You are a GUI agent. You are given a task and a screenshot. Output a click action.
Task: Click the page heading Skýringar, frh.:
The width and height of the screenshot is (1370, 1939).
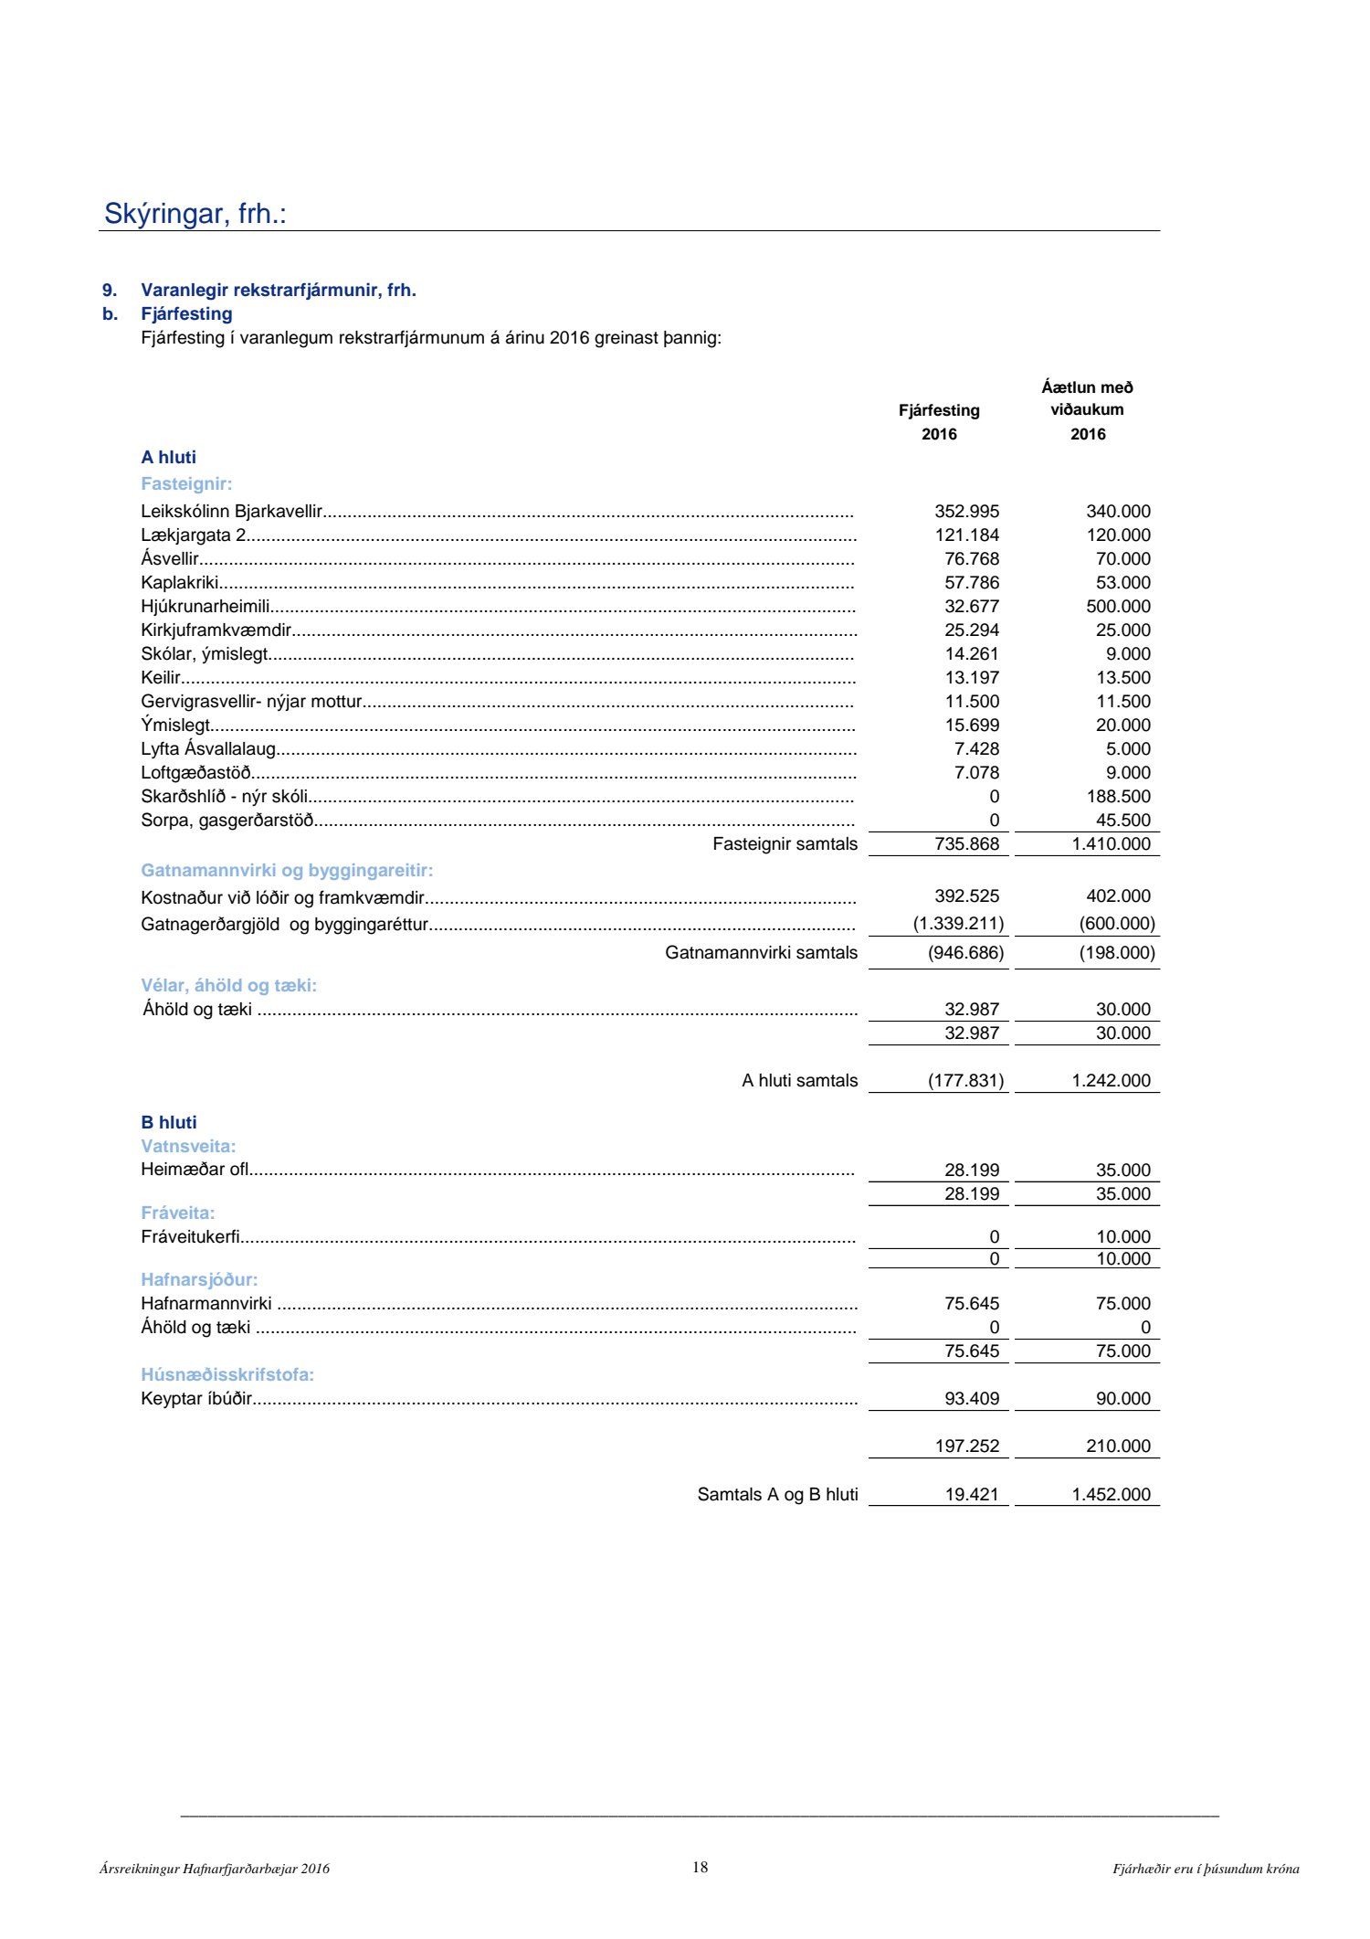pos(195,214)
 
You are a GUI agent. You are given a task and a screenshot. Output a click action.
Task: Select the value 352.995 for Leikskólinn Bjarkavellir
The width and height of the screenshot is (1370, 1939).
pos(966,512)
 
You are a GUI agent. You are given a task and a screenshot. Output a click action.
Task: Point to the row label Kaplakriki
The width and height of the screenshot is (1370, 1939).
pos(179,583)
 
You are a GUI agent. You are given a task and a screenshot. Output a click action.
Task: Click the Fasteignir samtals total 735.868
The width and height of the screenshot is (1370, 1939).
pos(966,844)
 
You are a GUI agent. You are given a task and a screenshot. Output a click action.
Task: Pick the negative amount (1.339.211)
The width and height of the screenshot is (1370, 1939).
pos(958,924)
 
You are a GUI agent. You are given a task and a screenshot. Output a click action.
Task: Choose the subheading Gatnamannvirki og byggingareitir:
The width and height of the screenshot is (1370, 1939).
pos(287,871)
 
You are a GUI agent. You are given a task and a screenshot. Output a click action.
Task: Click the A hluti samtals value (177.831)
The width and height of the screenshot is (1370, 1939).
pos(965,1081)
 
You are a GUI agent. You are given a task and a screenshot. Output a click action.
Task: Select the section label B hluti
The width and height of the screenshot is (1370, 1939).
pos(169,1123)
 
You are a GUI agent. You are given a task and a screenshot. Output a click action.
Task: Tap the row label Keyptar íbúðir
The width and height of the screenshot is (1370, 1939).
pos(195,1399)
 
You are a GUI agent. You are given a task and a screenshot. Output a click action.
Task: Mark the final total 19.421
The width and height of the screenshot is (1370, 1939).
pos(972,1495)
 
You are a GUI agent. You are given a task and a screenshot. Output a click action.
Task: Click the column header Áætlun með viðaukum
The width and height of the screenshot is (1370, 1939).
pos(1087,398)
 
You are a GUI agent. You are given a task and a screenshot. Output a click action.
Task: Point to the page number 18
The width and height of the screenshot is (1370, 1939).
pos(700,1868)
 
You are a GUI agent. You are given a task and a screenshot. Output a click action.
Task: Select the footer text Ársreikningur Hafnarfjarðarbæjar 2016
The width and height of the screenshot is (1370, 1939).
pos(215,1870)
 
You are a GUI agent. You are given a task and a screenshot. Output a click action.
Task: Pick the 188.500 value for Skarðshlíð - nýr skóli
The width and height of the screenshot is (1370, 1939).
pos(1118,797)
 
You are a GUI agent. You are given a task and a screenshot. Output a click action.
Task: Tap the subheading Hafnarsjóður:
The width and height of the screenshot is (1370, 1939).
pos(199,1280)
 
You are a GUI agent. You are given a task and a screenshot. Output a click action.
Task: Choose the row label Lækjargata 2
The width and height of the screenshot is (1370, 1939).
pos(194,535)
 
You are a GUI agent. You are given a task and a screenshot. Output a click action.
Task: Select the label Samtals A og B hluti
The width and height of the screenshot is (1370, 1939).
pos(777,1495)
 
